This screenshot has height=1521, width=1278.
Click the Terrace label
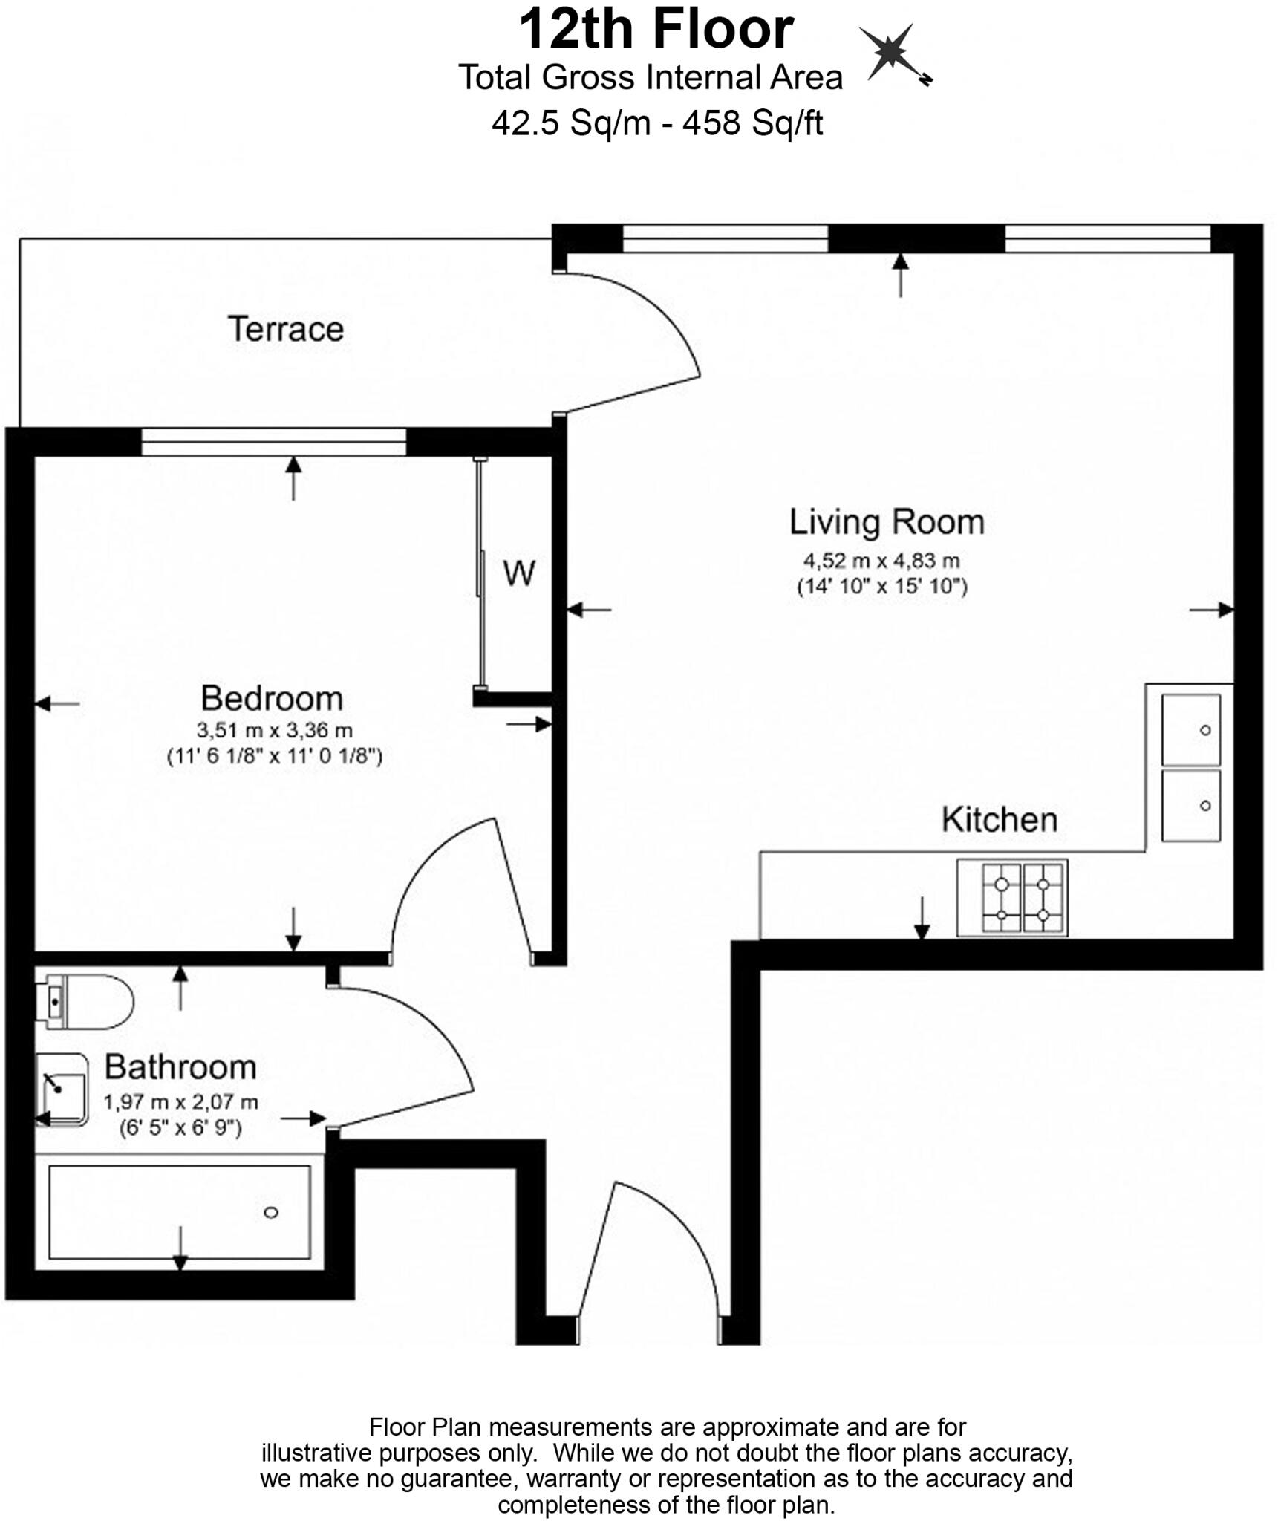point(286,329)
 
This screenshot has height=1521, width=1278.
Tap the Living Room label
point(887,522)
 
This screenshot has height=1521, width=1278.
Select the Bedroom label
point(272,698)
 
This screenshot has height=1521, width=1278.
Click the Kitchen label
point(1000,820)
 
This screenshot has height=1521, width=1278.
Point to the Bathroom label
point(180,1067)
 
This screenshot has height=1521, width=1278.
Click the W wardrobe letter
point(518,573)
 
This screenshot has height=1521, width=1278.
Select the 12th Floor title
point(656,30)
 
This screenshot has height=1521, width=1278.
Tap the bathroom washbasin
point(62,1090)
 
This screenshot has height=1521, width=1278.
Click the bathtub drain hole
point(271,1213)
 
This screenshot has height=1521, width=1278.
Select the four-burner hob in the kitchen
point(1012,897)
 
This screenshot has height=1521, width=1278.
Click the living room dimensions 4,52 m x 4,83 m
point(881,561)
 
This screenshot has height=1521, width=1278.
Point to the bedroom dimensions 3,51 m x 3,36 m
point(274,730)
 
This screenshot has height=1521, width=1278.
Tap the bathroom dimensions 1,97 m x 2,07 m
point(180,1102)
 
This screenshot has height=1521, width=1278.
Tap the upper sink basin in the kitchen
point(1190,730)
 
